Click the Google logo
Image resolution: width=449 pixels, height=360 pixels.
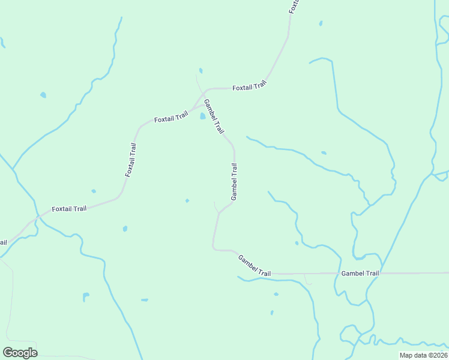tap(20, 352)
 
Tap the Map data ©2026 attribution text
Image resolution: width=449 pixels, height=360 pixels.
tap(423, 355)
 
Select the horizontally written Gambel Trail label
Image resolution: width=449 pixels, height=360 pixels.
tap(360, 273)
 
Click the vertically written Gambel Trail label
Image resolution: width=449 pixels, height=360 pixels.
tap(234, 182)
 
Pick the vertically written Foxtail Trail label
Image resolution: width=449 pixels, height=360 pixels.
tap(131, 160)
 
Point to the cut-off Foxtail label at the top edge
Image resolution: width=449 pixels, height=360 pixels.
tap(294, 6)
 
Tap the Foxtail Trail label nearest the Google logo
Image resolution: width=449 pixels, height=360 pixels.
tap(69, 209)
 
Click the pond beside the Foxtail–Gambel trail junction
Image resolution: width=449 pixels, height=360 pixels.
tap(203, 116)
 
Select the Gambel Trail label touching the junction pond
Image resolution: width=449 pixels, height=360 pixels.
tap(214, 116)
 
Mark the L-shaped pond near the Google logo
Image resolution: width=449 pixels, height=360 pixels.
tap(86, 296)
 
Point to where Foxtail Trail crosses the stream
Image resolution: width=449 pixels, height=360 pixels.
tap(37, 215)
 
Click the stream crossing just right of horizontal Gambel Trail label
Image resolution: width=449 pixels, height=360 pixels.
tap(382, 273)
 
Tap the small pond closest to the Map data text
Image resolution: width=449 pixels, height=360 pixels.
tap(276, 294)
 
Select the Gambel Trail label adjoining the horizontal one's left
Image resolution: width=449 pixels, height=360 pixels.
tap(255, 266)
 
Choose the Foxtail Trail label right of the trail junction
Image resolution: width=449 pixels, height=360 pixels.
tap(249, 87)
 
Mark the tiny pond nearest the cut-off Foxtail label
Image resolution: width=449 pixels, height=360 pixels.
tap(321, 23)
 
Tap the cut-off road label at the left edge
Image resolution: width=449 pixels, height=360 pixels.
tap(2, 242)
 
